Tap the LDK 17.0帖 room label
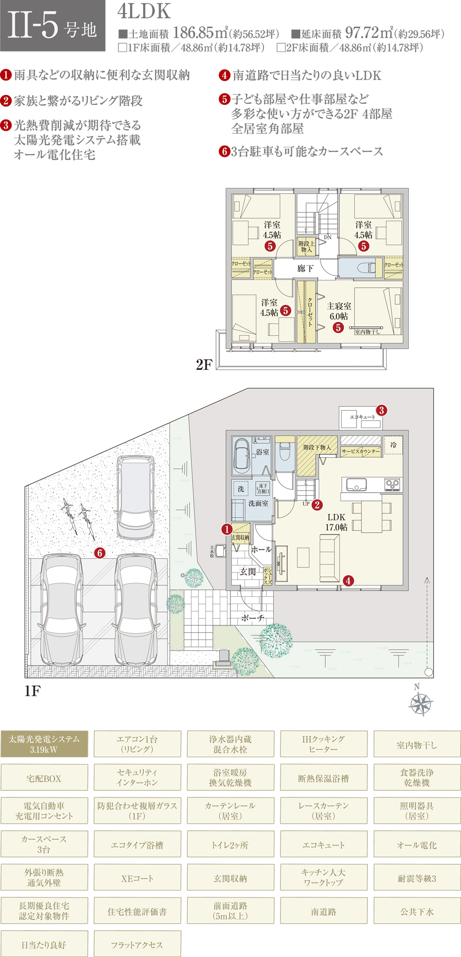pyautogui.click(x=336, y=522)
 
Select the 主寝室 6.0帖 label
pyautogui.click(x=339, y=311)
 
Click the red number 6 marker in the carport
pyautogui.click(x=99, y=553)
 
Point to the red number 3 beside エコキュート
pyautogui.click(x=381, y=410)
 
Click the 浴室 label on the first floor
pyautogui.click(x=263, y=452)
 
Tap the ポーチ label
pyautogui.click(x=253, y=618)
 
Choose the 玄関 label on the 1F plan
pyautogui.click(x=247, y=572)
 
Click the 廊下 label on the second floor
pyautogui.click(x=305, y=269)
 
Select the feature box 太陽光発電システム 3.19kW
pyautogui.click(x=44, y=744)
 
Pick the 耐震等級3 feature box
pyautogui.click(x=417, y=878)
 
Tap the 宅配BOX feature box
pyautogui.click(x=44, y=779)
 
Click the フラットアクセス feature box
pyautogui.click(x=137, y=944)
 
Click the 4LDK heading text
pyautogui.click(x=144, y=12)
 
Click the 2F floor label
pyautogui.click(x=204, y=365)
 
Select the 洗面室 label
pyautogui.click(x=258, y=504)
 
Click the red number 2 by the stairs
pyautogui.click(x=317, y=505)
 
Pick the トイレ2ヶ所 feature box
pyautogui.click(x=230, y=845)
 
